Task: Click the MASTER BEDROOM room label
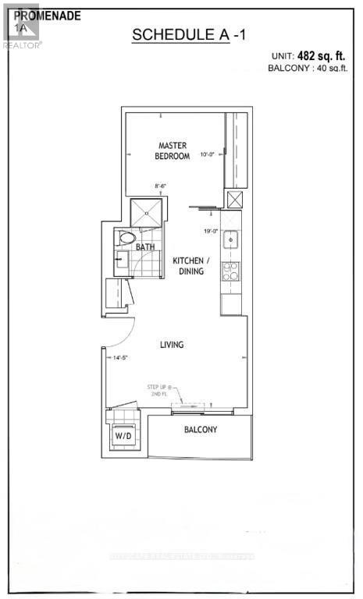(173, 151)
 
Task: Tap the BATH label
(145, 247)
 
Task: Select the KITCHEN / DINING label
(188, 265)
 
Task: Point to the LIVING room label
(171, 344)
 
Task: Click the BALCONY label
(201, 430)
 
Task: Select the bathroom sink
(123, 261)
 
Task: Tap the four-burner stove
(231, 271)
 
